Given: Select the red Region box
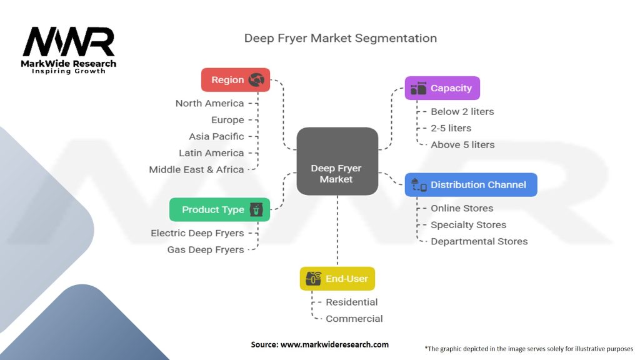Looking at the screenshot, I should coord(236,80).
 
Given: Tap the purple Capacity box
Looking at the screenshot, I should coord(442,88).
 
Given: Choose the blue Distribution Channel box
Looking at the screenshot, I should coord(471,185).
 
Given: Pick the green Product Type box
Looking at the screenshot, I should coord(219,209).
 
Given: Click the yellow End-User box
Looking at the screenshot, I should coord(337,279).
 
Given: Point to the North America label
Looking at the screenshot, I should coord(209,103).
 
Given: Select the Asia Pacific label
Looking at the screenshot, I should coord(216,136).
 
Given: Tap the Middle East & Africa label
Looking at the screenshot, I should coord(196,169).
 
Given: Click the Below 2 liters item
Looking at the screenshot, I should coord(462,112).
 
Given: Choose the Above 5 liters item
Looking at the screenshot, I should coord(462,144).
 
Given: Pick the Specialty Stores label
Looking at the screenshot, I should coord(468,225).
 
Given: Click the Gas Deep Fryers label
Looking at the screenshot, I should coord(206,249).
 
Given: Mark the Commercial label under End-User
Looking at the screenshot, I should coord(354,319).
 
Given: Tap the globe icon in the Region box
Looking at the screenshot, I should coord(256,80).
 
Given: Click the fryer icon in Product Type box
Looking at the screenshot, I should coord(256,209).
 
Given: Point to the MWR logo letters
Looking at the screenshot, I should coord(69,42).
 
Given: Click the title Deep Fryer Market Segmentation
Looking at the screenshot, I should coord(340,38).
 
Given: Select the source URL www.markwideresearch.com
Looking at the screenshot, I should coord(319,344).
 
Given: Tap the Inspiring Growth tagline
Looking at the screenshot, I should coord(69,71).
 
